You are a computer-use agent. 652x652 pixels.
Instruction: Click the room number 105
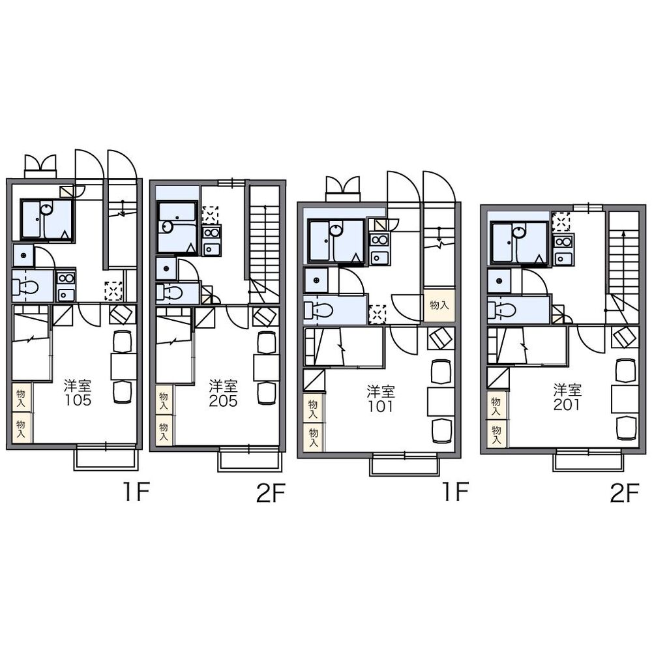[x=78, y=400]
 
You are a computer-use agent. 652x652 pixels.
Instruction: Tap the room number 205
[x=223, y=401]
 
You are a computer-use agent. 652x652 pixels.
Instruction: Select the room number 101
[x=381, y=406]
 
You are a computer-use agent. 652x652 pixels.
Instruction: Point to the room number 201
[x=567, y=405]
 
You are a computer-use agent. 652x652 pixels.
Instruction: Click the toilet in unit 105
[x=26, y=286]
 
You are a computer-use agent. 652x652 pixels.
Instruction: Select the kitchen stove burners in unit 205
[x=212, y=233]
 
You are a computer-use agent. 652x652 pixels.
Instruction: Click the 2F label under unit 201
[x=624, y=494]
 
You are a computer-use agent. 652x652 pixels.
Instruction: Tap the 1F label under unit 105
[x=136, y=492]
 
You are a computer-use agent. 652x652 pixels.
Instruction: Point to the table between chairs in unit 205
[x=267, y=366]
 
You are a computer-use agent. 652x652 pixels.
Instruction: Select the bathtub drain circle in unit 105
[x=47, y=209]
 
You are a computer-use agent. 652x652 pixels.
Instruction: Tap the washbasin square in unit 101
[x=316, y=280]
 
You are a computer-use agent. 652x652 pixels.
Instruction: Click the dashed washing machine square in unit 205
[x=211, y=215]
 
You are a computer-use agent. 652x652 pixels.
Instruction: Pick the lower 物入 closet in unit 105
[x=21, y=428]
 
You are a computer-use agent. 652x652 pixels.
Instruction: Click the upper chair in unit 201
[x=626, y=370]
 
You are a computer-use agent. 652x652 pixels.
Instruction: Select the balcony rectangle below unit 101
[x=404, y=466]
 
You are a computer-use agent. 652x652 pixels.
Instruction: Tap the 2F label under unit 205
[x=271, y=494]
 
